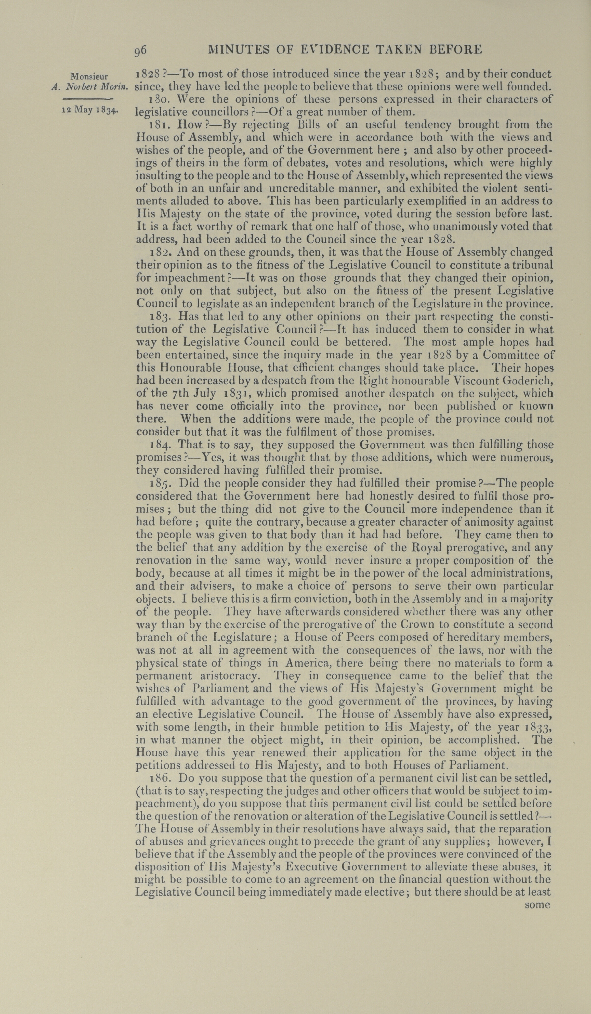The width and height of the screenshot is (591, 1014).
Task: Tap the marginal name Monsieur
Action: pyautogui.click(x=88, y=76)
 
